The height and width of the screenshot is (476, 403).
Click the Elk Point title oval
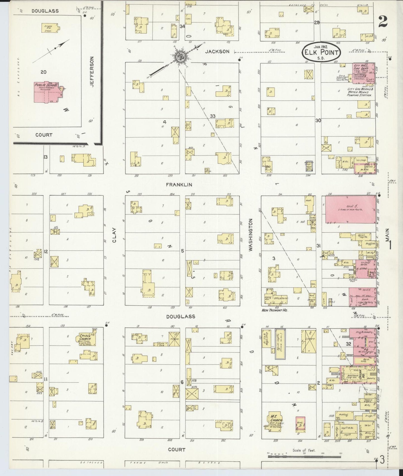[321, 52]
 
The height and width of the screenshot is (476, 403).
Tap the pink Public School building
[46, 92]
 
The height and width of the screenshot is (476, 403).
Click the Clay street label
[114, 235]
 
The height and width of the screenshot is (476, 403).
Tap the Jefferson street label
[92, 72]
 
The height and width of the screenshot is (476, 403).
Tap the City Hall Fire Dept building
[363, 73]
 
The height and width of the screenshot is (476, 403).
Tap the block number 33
[213, 116]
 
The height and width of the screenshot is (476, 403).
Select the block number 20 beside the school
[43, 72]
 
